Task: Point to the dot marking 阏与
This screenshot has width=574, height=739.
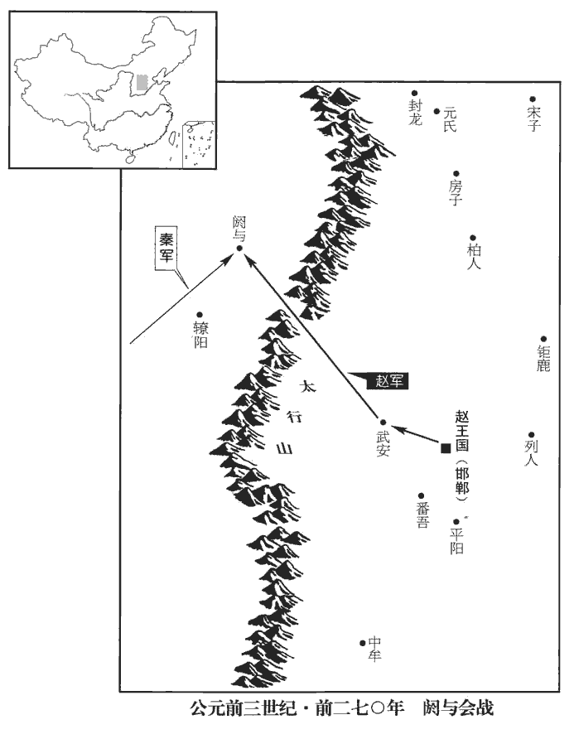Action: point(239,248)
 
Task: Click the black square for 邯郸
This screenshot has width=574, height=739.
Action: point(446,448)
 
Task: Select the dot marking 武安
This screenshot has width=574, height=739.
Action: point(383,422)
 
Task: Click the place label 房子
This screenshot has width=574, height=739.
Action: point(455,191)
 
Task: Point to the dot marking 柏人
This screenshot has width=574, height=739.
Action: point(473,238)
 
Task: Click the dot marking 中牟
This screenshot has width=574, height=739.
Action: point(363,643)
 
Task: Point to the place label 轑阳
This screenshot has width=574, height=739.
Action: point(200,334)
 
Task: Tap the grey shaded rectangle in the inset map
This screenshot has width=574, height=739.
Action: point(143,82)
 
